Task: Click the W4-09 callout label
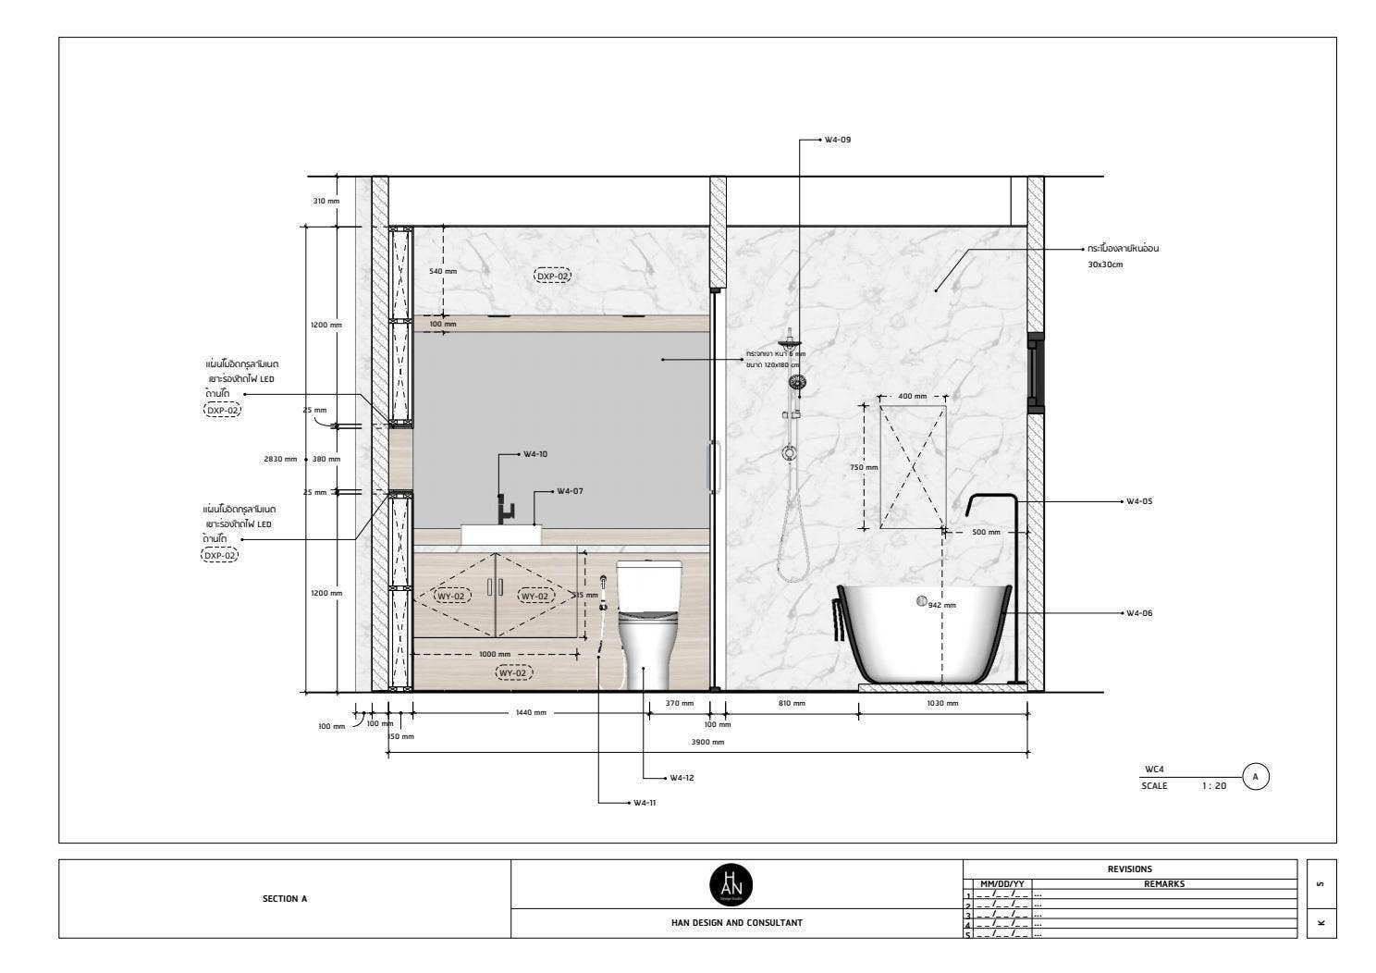(838, 140)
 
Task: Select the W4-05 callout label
(1139, 501)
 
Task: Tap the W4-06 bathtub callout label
(1139, 613)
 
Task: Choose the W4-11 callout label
(645, 803)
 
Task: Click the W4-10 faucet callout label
(535, 454)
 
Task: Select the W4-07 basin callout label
(570, 491)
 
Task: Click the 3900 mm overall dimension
(708, 742)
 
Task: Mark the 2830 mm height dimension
(281, 459)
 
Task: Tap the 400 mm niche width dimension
(912, 396)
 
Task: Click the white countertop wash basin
(501, 535)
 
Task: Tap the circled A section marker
(1255, 777)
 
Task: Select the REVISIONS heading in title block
(1129, 869)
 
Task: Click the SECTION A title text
(285, 898)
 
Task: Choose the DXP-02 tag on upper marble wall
(553, 276)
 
